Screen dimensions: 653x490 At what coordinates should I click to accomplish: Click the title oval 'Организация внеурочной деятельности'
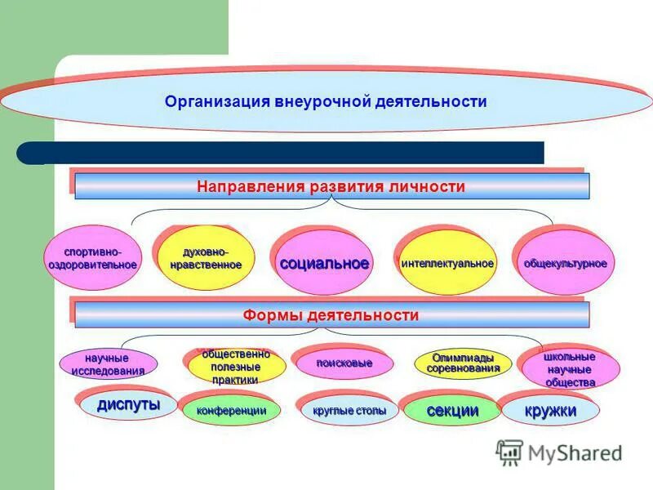(x=326, y=103)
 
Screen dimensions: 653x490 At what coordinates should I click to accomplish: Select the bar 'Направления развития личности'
(x=331, y=187)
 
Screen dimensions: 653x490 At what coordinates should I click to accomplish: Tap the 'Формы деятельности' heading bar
(x=331, y=315)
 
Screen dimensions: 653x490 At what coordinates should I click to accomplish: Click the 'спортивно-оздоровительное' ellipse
(x=91, y=260)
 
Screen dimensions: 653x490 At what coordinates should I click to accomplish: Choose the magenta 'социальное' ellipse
(x=324, y=264)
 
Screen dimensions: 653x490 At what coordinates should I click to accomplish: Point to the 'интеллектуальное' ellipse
(x=447, y=264)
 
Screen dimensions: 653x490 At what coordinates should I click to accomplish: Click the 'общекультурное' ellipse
(x=565, y=264)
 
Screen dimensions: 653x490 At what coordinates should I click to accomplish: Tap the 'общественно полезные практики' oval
(x=236, y=367)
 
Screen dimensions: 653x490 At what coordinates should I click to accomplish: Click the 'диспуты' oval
(x=128, y=405)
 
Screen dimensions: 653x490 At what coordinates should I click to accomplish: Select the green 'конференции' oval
(x=231, y=411)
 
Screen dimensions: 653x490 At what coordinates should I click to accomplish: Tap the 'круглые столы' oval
(x=349, y=411)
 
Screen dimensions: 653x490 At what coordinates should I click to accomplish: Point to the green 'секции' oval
(x=452, y=411)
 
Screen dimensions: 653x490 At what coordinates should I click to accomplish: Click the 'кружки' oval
(x=550, y=411)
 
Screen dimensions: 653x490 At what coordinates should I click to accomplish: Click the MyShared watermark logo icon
(x=509, y=452)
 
